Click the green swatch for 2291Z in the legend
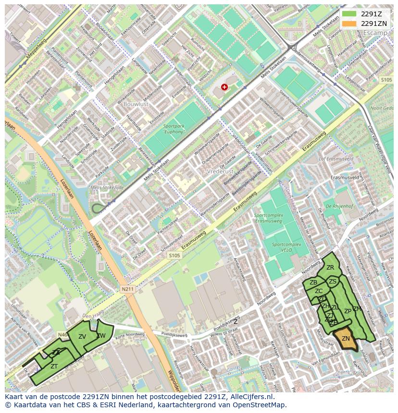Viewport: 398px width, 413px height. click(x=349, y=14)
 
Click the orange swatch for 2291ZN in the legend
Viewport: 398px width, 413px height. click(x=349, y=24)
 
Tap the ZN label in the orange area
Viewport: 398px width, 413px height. click(x=346, y=339)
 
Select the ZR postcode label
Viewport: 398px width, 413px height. click(x=330, y=268)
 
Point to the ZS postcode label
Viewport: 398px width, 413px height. click(x=333, y=282)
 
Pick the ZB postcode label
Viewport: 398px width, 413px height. click(x=313, y=283)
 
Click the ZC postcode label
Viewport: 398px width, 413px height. click(x=319, y=291)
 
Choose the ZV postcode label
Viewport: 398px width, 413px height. click(x=82, y=337)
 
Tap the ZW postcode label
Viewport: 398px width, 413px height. click(x=101, y=336)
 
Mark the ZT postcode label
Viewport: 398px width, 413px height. click(x=54, y=366)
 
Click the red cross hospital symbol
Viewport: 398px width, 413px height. click(x=224, y=87)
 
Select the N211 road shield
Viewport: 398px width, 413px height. click(x=127, y=289)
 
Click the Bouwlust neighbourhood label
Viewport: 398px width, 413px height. click(x=136, y=103)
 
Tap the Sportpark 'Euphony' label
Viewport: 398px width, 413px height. click(x=174, y=129)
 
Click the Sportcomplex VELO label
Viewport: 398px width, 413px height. click(x=286, y=247)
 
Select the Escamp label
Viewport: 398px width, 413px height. click(x=375, y=33)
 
